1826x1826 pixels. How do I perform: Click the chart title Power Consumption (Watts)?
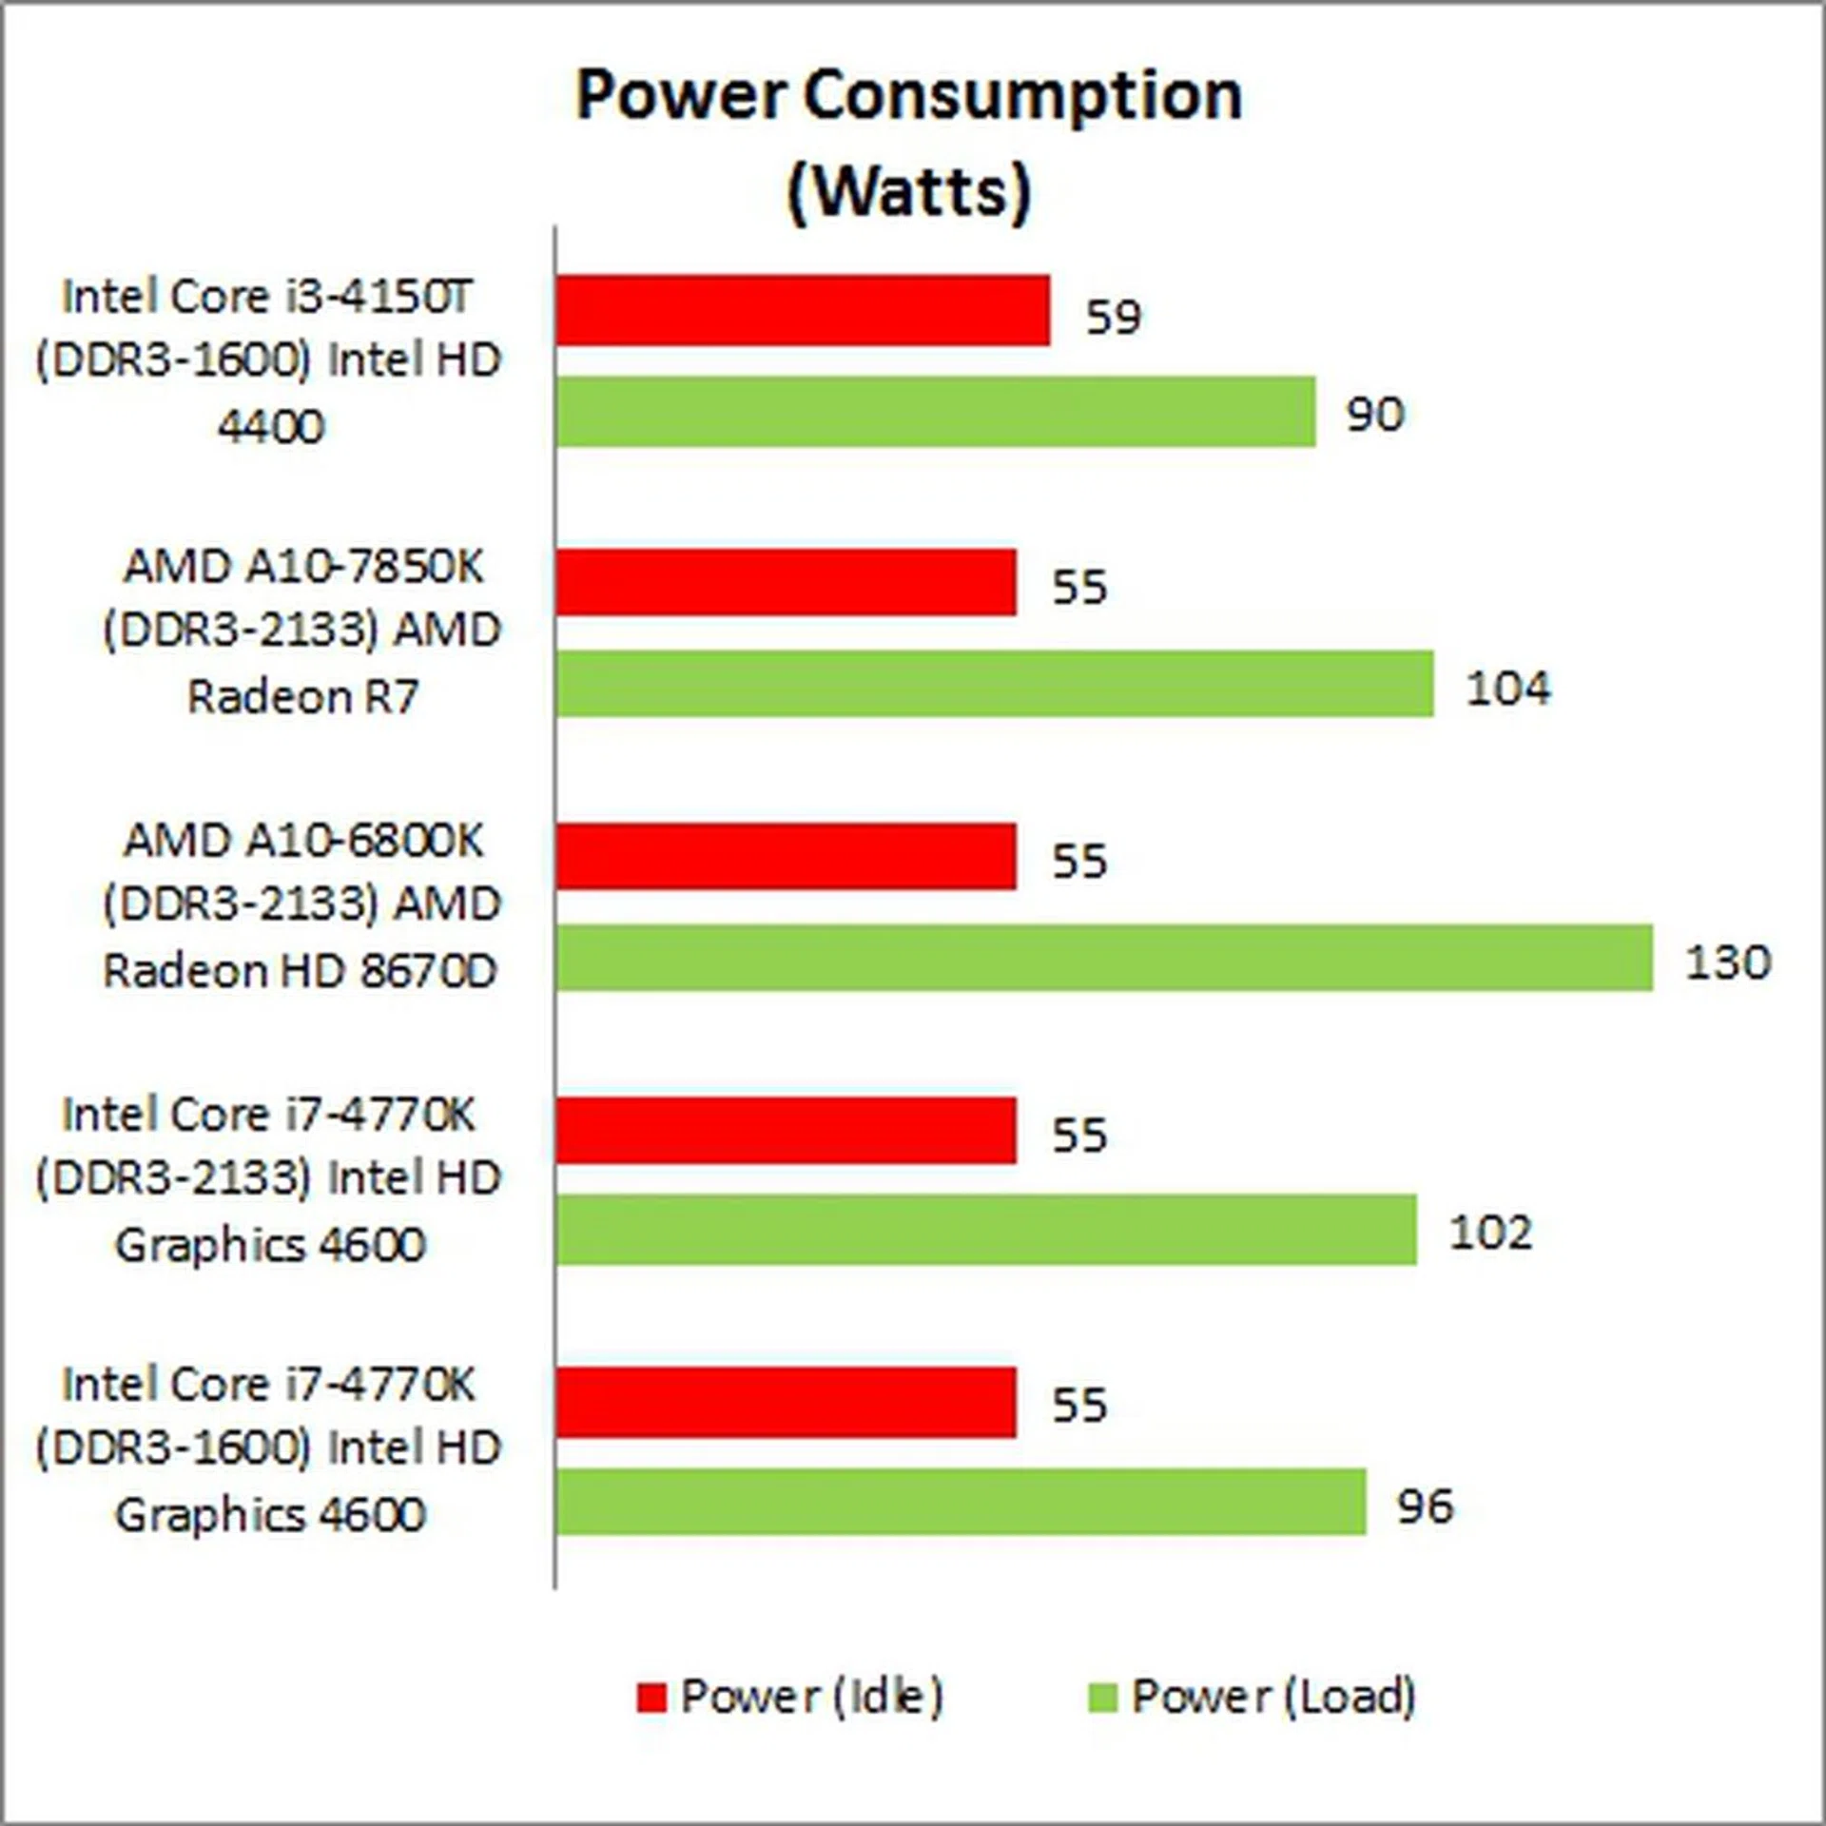(x=909, y=143)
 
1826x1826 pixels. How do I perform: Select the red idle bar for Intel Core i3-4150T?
(x=804, y=310)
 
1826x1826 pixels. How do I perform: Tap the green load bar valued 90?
(x=936, y=411)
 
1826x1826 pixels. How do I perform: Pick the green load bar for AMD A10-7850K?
(x=995, y=684)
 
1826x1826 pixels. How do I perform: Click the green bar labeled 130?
(x=1104, y=957)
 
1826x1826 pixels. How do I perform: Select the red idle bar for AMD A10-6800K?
(x=787, y=857)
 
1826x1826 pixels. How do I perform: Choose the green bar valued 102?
(x=986, y=1231)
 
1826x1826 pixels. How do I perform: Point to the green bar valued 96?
(x=962, y=1502)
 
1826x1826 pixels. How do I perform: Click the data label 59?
(x=1113, y=317)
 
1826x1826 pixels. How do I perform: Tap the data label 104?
(x=1508, y=688)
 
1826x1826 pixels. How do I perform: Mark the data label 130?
(x=1728, y=962)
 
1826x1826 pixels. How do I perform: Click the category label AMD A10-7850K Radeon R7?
(x=302, y=631)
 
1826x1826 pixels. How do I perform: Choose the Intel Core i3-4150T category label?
(x=268, y=360)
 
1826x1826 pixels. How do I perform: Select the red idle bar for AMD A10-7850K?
(x=787, y=582)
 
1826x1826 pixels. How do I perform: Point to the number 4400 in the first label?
(x=271, y=426)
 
